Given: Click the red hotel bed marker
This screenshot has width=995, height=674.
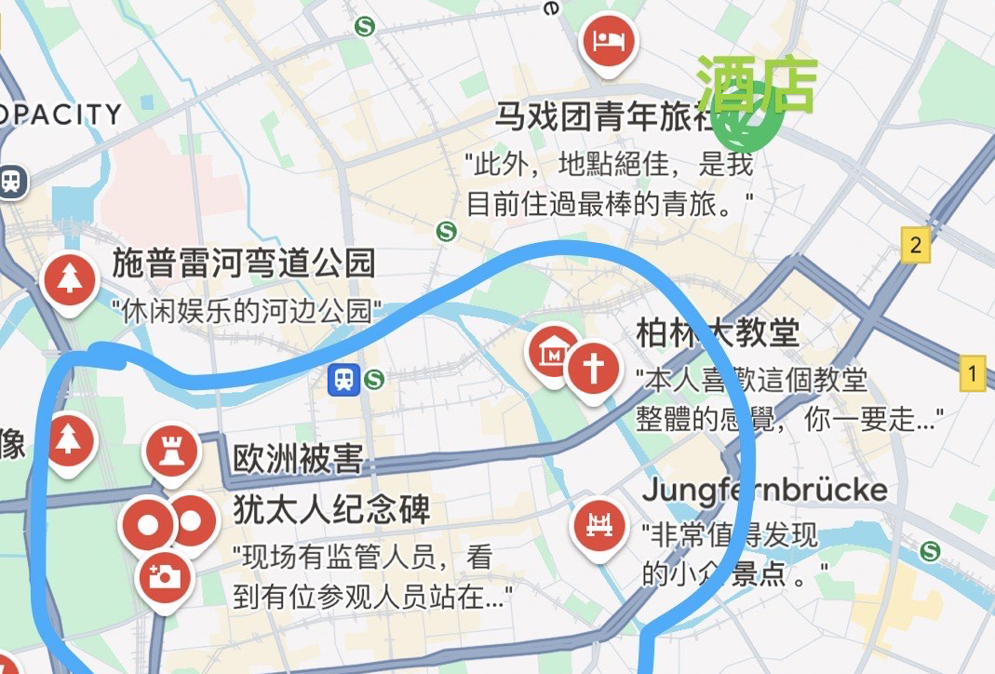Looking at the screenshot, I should [x=610, y=41].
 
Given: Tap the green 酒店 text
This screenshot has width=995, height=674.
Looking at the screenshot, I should [x=757, y=84].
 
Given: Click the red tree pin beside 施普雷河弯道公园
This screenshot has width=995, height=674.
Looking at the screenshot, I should [x=69, y=279].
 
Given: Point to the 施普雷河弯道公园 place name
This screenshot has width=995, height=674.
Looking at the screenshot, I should [x=244, y=263].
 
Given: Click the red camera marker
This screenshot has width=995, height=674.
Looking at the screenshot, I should [x=165, y=577].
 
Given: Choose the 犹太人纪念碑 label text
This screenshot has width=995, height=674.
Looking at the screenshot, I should [x=330, y=510].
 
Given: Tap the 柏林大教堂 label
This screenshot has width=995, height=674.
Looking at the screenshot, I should [x=718, y=332].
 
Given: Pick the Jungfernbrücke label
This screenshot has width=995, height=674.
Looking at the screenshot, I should [x=764, y=490].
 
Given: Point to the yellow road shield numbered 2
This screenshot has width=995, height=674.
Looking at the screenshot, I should [x=917, y=246].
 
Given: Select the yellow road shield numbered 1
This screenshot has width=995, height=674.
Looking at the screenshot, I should [x=973, y=375].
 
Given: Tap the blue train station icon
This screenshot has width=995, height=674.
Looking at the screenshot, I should [x=345, y=379].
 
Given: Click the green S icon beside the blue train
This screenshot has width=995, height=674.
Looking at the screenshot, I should [x=374, y=379].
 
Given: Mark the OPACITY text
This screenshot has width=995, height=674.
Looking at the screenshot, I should [x=61, y=115].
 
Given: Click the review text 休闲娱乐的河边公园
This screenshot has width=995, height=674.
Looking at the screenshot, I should [x=247, y=311].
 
